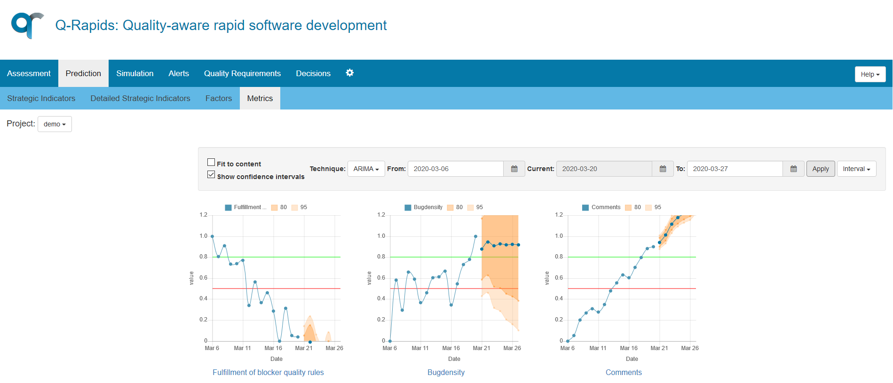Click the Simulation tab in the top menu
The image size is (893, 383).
tap(134, 73)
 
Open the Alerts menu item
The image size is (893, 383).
tap(179, 73)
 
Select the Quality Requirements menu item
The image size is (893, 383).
tap(242, 73)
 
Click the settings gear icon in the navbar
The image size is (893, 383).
tap(349, 73)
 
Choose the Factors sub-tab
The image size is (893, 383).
tap(218, 98)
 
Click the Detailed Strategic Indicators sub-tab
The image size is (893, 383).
tap(140, 98)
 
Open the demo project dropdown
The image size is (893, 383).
tap(55, 124)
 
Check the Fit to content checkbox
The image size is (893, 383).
tap(211, 162)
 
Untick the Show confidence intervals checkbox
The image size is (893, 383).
tap(211, 175)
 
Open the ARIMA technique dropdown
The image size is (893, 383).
tap(366, 169)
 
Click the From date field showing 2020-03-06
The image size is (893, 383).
tap(455, 169)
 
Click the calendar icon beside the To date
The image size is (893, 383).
tap(793, 169)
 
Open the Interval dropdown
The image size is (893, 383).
tap(856, 169)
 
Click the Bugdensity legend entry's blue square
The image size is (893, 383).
tap(408, 207)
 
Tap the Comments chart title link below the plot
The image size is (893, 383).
tap(624, 372)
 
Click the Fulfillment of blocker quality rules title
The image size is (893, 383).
tap(268, 372)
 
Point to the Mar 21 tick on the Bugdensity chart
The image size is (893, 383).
tap(482, 348)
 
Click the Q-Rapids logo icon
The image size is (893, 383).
tap(27, 25)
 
